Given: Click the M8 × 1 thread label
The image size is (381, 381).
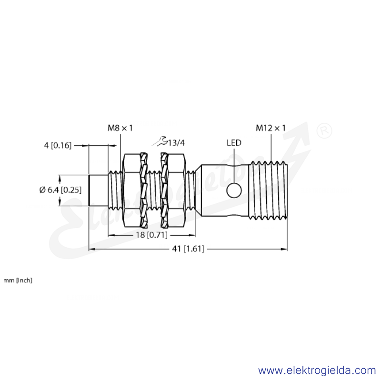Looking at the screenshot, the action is coord(120,128).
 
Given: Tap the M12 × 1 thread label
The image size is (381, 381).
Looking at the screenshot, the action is coord(271,128).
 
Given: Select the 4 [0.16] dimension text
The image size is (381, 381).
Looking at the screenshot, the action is coord(58,146).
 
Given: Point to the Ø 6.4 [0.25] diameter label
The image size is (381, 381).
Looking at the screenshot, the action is coord(60,190).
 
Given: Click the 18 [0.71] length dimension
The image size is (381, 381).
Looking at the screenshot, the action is coord(151,235).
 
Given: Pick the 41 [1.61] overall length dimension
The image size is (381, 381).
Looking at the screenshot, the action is coord(188,249).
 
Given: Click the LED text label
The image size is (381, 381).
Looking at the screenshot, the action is coord(234,143).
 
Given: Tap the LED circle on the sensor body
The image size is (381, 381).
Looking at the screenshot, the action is coord(234,190).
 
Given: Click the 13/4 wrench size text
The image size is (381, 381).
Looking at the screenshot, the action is coord(176,143).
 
